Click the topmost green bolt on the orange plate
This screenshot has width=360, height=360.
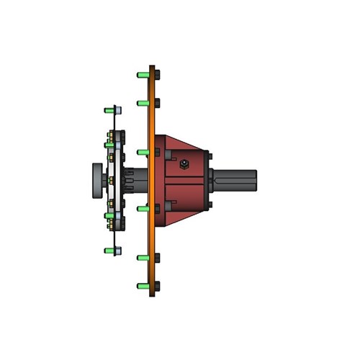click(x=143, y=73)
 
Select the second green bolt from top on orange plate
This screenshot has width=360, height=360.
click(x=143, y=103)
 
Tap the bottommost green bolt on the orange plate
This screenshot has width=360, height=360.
click(x=143, y=286)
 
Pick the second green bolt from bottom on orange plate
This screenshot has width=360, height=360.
click(x=143, y=256)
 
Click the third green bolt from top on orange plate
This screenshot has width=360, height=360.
click(x=143, y=153)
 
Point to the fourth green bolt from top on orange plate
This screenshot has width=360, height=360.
click(x=143, y=209)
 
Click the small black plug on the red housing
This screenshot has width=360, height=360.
click(x=185, y=165)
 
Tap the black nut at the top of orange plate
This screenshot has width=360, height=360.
click(x=157, y=73)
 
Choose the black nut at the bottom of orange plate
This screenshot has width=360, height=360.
click(x=157, y=286)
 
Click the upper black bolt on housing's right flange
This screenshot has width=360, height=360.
click(x=209, y=155)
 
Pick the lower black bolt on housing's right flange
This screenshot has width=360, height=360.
click(x=209, y=207)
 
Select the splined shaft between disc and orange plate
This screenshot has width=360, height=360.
click(x=135, y=180)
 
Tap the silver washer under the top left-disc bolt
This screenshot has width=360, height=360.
click(x=118, y=110)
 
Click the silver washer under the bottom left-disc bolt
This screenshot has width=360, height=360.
click(x=118, y=251)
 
